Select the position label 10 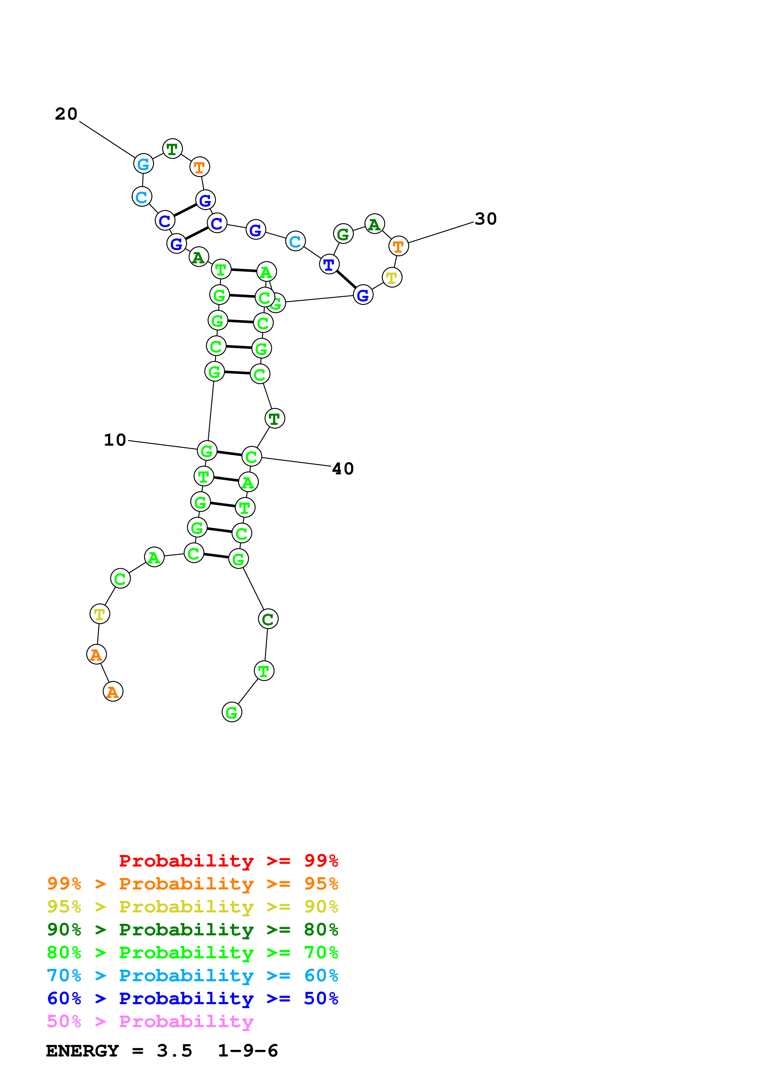tap(115, 440)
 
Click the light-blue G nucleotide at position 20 tap(144, 164)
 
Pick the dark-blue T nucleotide tap(329, 265)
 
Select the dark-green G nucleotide tap(343, 234)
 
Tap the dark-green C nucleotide tap(268, 619)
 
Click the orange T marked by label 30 tap(398, 246)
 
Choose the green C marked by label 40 tap(252, 457)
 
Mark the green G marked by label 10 tap(207, 451)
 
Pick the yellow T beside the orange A tap(100, 614)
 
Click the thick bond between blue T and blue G tap(346, 280)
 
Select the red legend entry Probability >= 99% tap(228, 861)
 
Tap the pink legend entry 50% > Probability tap(150, 1022)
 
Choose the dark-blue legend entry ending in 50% tap(192, 998)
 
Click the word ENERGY tap(82, 1051)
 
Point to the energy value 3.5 tap(175, 1051)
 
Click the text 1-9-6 tap(248, 1051)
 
